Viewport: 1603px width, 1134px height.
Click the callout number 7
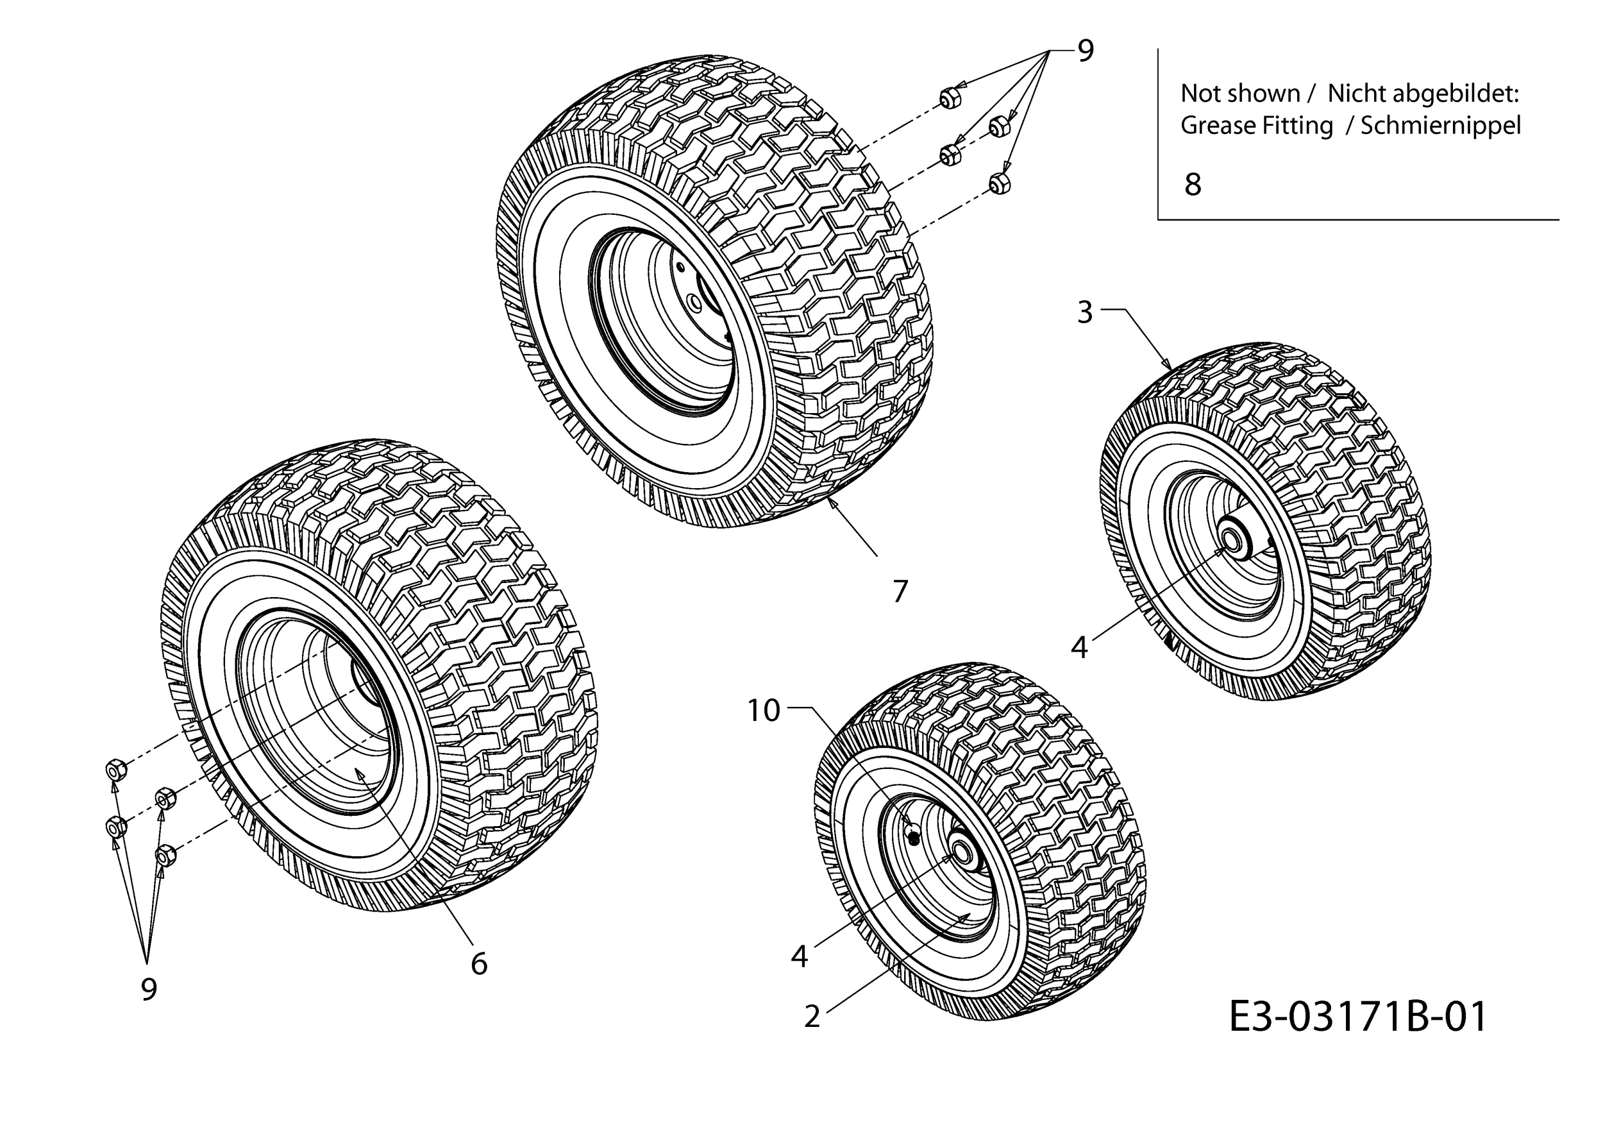click(x=900, y=591)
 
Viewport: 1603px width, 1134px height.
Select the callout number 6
click(x=479, y=963)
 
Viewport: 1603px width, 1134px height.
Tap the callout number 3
click(x=1084, y=312)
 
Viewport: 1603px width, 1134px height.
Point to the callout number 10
click(x=764, y=710)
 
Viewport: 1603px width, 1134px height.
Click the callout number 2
click(x=811, y=1017)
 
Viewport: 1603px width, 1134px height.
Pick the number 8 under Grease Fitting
click(x=1193, y=184)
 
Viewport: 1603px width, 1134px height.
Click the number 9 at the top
click(x=1085, y=50)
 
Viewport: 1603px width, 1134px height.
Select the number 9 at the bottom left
click(x=149, y=989)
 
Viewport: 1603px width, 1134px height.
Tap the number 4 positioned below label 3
click(x=1079, y=648)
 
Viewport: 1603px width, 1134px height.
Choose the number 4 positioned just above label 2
click(x=800, y=956)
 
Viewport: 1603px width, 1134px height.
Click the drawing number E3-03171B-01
click(x=1358, y=1017)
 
